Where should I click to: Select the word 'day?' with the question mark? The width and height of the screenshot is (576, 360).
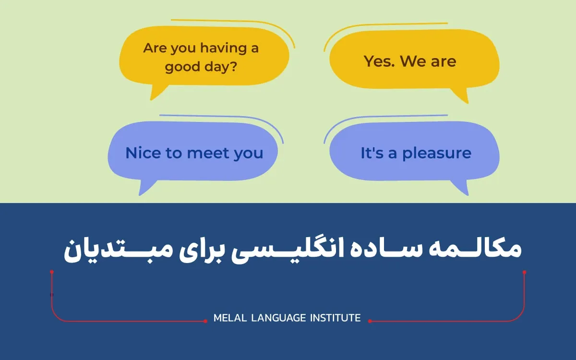point(221,67)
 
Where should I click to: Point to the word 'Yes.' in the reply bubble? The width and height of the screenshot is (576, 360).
point(379,61)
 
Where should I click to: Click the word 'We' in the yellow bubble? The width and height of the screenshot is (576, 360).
point(413,61)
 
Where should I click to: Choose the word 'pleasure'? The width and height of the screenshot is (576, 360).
point(437,154)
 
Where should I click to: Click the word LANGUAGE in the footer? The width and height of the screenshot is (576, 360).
point(278,318)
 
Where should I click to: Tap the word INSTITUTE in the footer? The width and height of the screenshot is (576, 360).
point(336,318)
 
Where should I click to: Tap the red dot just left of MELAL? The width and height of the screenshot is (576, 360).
point(205,321)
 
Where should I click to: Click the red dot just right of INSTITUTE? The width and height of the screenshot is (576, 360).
point(370,321)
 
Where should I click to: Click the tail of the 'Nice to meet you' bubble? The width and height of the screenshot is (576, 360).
point(140,195)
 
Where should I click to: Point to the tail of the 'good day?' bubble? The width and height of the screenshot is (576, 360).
point(151,99)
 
